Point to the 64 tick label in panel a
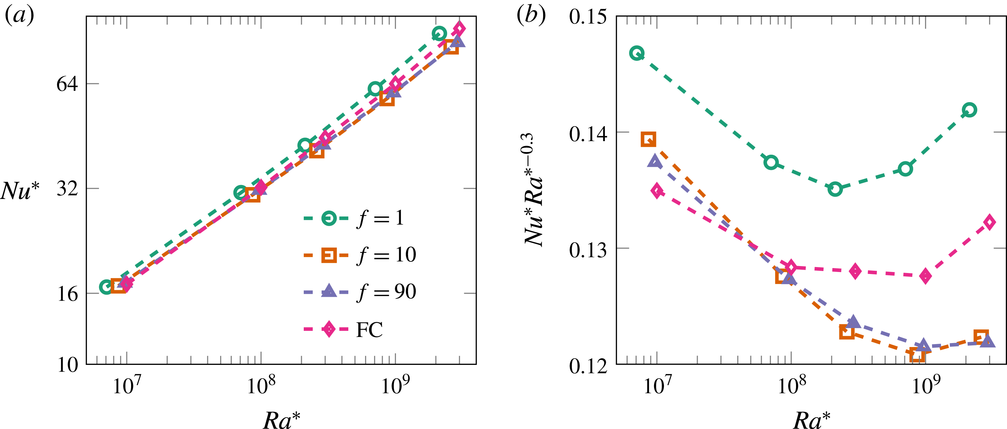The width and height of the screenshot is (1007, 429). tap(67, 84)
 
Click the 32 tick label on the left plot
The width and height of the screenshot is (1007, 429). tap(67, 188)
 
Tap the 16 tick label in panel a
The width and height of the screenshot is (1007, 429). tap(67, 293)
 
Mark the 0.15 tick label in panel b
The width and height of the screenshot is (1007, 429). tap(588, 17)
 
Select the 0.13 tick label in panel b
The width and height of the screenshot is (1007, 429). tap(588, 249)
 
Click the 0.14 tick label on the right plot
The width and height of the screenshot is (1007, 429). tap(588, 134)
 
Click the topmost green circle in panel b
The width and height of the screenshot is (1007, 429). tap(637, 53)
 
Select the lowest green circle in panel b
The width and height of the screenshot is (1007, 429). tap(835, 189)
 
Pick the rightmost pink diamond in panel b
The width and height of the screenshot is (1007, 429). tap(990, 222)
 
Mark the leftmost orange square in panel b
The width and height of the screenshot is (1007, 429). tap(648, 139)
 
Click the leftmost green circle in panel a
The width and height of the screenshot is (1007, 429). tap(106, 287)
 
